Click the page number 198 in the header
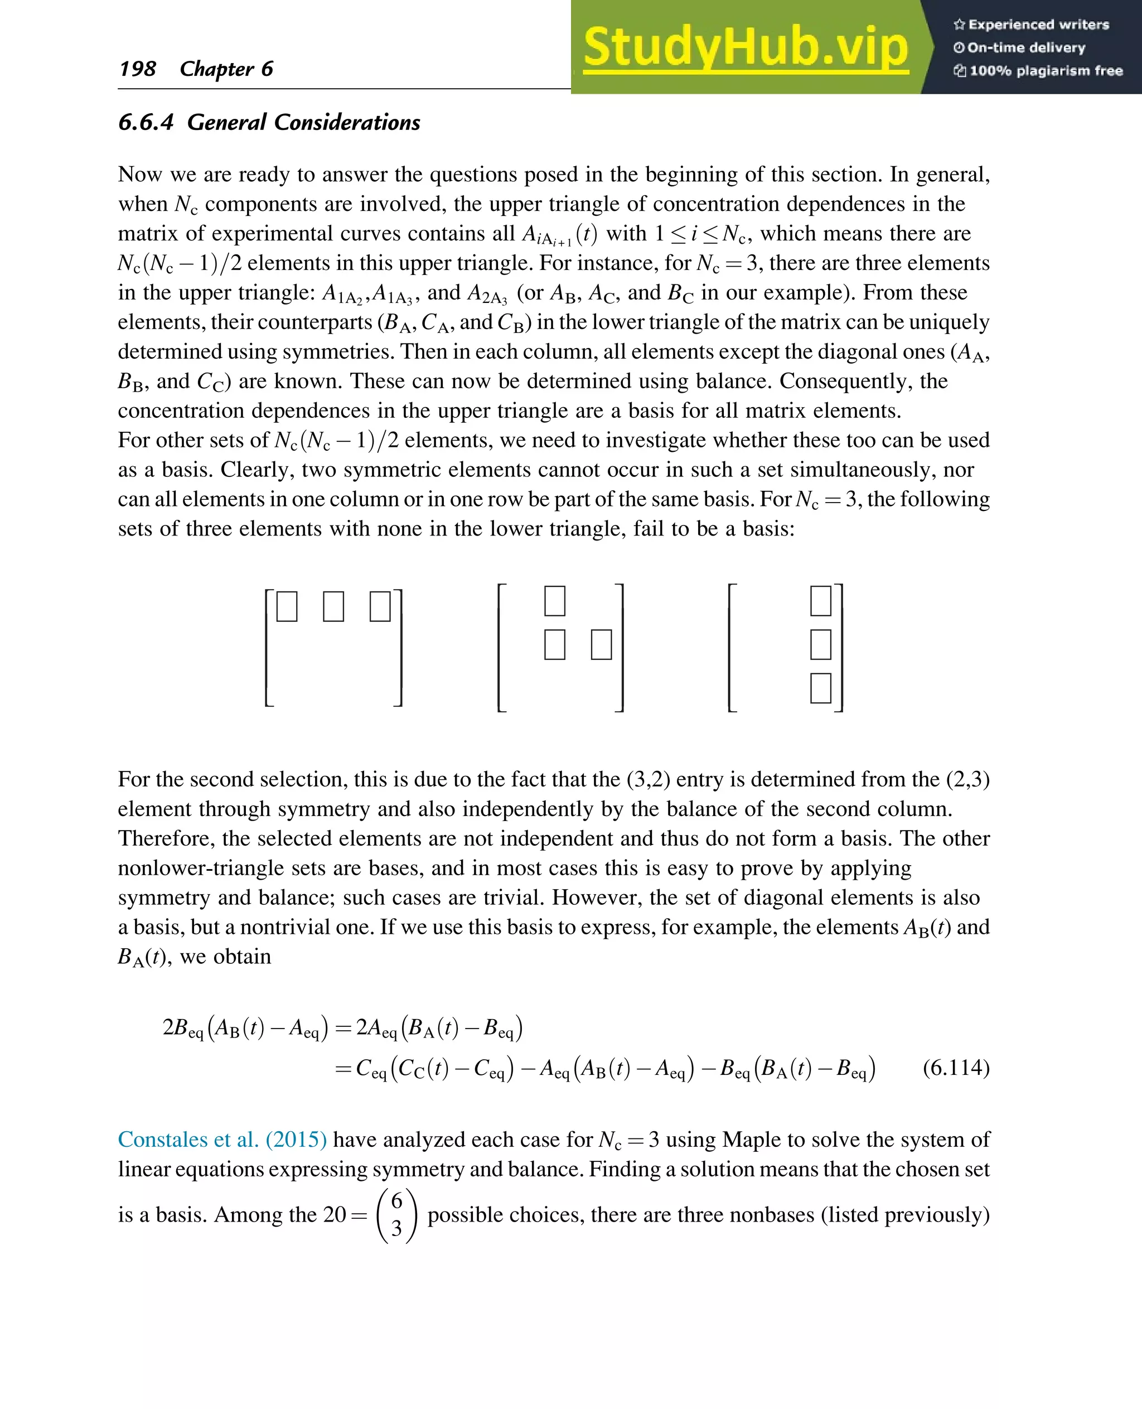pos(138,69)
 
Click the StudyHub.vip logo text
pos(746,47)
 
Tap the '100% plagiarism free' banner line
pos(1038,70)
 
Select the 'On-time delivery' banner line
pos(1020,47)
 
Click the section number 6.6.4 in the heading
pos(146,122)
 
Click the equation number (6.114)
pos(956,1067)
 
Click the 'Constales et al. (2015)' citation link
pos(222,1139)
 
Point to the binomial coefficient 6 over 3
pos(396,1215)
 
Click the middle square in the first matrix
pos(333,607)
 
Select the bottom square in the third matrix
pos(820,688)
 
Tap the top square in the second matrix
pos(555,601)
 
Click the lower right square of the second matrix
pos(601,644)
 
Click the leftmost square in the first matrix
pos(287,607)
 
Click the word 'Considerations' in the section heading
pos(347,122)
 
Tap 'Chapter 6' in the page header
pos(226,69)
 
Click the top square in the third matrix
pos(820,601)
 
